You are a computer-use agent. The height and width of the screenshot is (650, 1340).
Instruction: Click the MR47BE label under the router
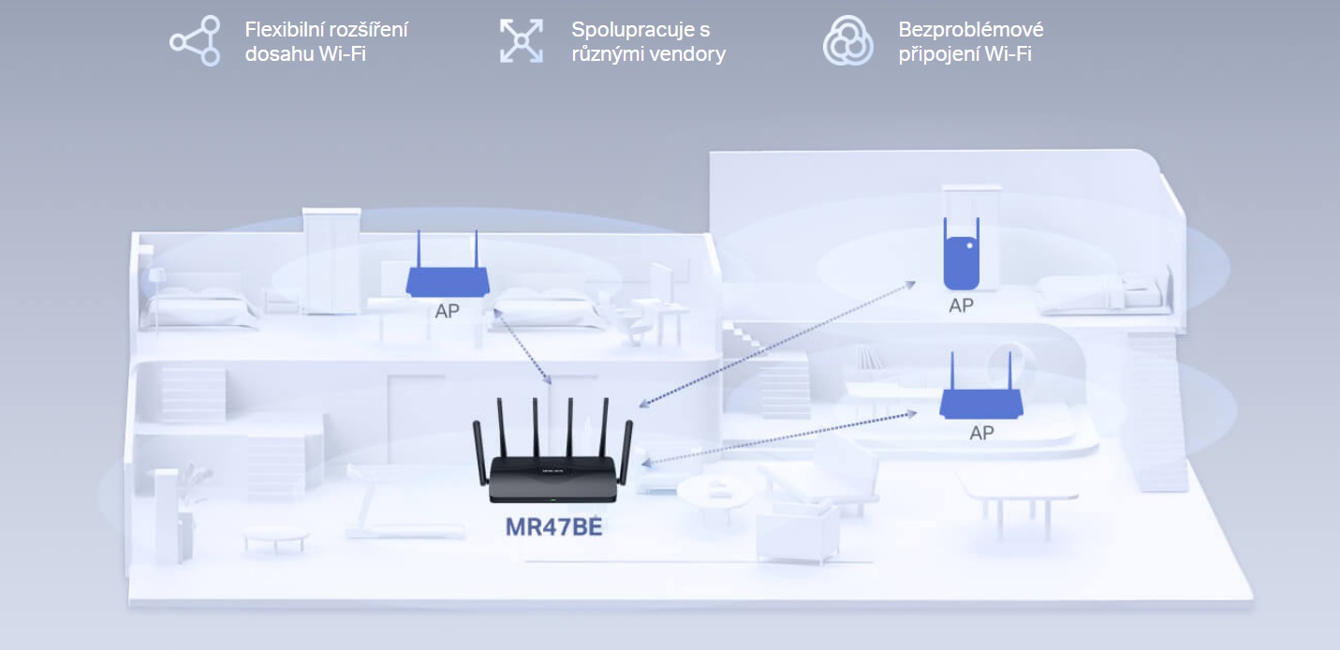tap(552, 526)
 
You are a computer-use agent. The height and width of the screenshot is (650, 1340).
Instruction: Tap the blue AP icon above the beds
tap(448, 278)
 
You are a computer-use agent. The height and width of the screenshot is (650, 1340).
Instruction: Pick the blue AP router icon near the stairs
tap(979, 401)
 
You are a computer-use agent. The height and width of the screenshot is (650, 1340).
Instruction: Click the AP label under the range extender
tap(962, 305)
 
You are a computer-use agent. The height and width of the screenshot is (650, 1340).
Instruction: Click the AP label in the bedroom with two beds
tap(448, 311)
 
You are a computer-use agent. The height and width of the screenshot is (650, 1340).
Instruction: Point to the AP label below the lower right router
tap(981, 433)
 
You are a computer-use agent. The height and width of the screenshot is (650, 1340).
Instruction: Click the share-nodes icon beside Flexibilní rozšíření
tap(195, 41)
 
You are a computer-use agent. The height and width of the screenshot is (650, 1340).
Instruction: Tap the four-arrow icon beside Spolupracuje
tap(522, 41)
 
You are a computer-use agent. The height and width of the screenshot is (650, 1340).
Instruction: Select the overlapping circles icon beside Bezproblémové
tap(847, 41)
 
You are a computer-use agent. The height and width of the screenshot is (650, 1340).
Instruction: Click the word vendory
tap(688, 53)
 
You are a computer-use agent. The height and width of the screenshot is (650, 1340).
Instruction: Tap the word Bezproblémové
tap(971, 29)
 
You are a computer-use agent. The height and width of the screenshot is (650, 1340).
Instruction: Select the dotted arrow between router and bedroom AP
tap(524, 347)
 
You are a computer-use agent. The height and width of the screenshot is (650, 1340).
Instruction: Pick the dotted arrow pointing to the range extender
tap(777, 343)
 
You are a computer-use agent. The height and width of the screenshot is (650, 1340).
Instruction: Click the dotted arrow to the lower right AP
tap(777, 436)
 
